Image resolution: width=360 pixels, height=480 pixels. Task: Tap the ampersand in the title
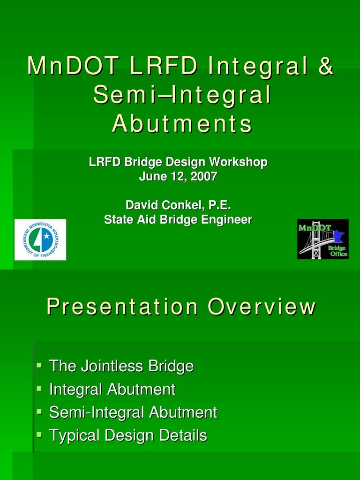[325, 66]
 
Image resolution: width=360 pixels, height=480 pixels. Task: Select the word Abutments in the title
[182, 124]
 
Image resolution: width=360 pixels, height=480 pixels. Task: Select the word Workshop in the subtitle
[239, 163]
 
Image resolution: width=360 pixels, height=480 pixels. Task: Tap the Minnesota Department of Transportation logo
[40, 240]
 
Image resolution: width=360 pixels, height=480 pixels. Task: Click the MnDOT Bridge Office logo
[323, 239]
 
